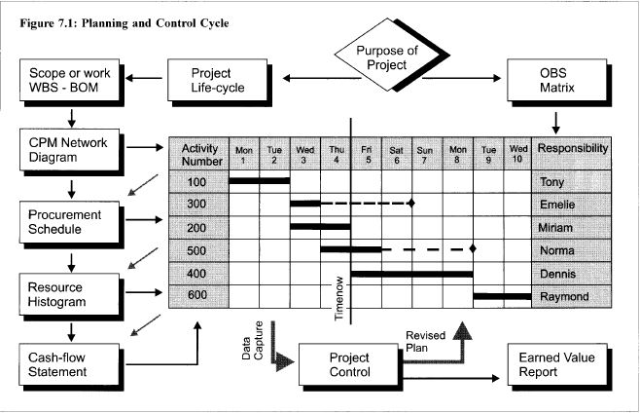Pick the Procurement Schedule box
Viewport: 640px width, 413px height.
[60, 221]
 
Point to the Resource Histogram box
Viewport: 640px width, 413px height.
[60, 295]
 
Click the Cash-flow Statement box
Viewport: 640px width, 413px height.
[60, 365]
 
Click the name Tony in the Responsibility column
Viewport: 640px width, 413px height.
[551, 181]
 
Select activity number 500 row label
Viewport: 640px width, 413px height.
[197, 250]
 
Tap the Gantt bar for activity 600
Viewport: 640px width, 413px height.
[503, 295]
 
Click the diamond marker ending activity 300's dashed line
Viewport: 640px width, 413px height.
[411, 204]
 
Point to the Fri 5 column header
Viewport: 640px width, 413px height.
[366, 154]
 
